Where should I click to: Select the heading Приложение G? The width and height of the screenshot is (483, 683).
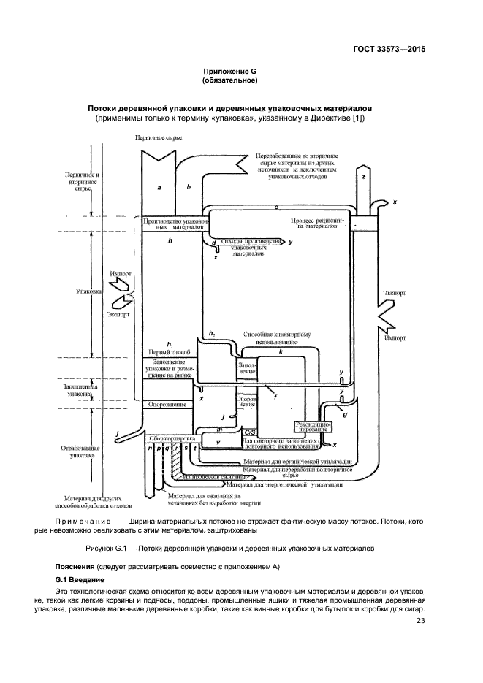[230, 71]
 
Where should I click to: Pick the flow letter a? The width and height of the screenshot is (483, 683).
[159, 188]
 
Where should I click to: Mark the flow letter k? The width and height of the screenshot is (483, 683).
[281, 352]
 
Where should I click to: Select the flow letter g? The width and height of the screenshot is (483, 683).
[345, 413]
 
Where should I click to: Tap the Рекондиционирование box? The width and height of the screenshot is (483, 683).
[313, 427]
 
